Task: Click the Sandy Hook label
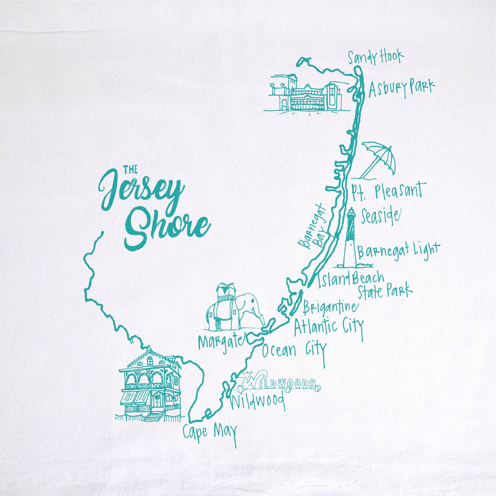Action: (x=376, y=58)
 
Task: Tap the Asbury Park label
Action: (x=402, y=88)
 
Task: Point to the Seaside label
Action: (x=380, y=216)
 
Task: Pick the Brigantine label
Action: (x=330, y=307)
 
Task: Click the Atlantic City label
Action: (x=328, y=326)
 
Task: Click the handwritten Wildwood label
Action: (x=256, y=402)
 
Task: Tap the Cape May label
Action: (x=210, y=431)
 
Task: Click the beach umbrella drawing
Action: (x=378, y=159)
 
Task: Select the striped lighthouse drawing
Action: (x=350, y=239)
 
